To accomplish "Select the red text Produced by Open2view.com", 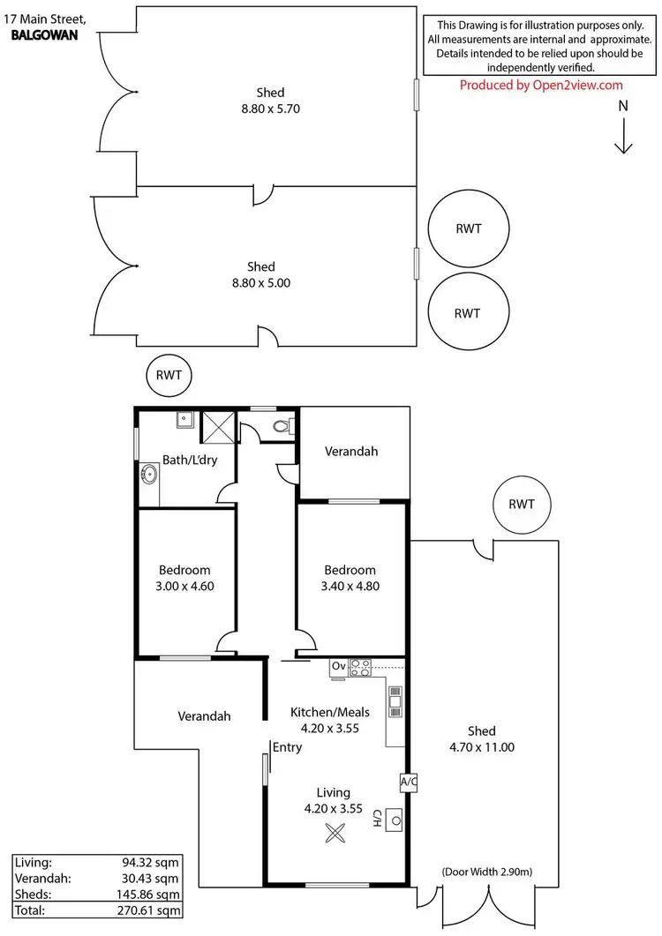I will [x=541, y=85].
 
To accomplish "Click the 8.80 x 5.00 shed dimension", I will [x=260, y=283].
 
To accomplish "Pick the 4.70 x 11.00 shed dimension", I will [x=482, y=747].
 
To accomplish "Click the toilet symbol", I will [x=282, y=426].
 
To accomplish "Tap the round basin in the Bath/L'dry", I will [x=147, y=476].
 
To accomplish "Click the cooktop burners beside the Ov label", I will [x=361, y=668].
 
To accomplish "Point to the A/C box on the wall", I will [x=408, y=781].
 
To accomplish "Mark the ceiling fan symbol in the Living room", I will [x=335, y=832].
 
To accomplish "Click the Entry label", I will [x=288, y=747].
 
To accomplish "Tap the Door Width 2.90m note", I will [x=486, y=873].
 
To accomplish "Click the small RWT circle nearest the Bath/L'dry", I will [x=169, y=375].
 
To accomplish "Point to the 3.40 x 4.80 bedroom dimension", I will [x=350, y=585].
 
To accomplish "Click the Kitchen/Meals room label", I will [x=330, y=712].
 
